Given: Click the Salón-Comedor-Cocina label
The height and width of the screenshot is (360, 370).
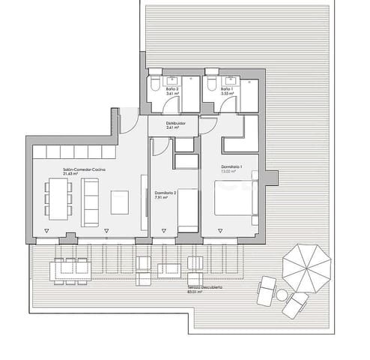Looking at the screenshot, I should click(x=84, y=171).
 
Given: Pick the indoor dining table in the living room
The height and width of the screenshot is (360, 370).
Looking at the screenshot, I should click(x=56, y=200).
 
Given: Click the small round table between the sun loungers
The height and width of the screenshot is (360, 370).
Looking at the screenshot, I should click(x=282, y=295).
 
